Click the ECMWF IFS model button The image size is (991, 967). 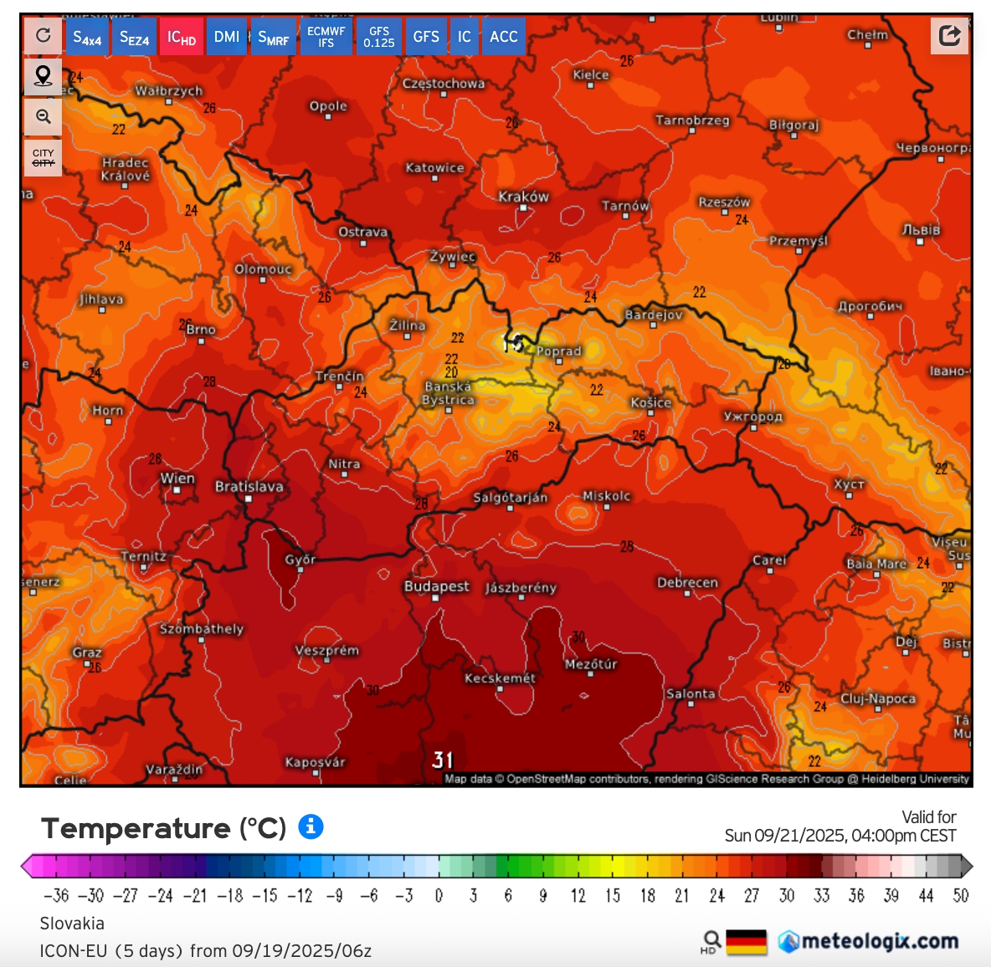(x=326, y=37)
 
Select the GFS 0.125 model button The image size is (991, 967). (x=379, y=37)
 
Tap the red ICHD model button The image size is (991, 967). (x=181, y=37)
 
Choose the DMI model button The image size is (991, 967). (x=226, y=37)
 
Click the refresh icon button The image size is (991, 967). (x=43, y=35)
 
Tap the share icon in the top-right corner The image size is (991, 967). (x=949, y=35)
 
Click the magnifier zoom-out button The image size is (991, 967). (x=43, y=117)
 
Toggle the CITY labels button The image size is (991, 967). (x=43, y=157)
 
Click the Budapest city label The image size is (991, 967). (x=436, y=586)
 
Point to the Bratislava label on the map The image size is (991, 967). (x=249, y=487)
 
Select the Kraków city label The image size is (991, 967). (x=523, y=197)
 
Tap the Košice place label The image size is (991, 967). (x=650, y=403)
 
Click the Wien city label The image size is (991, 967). (x=177, y=478)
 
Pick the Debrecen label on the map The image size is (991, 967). (x=687, y=583)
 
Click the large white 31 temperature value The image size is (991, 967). (x=443, y=760)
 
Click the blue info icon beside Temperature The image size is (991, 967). (x=311, y=826)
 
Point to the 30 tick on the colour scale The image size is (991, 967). (x=786, y=896)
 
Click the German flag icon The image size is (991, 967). (x=746, y=942)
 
